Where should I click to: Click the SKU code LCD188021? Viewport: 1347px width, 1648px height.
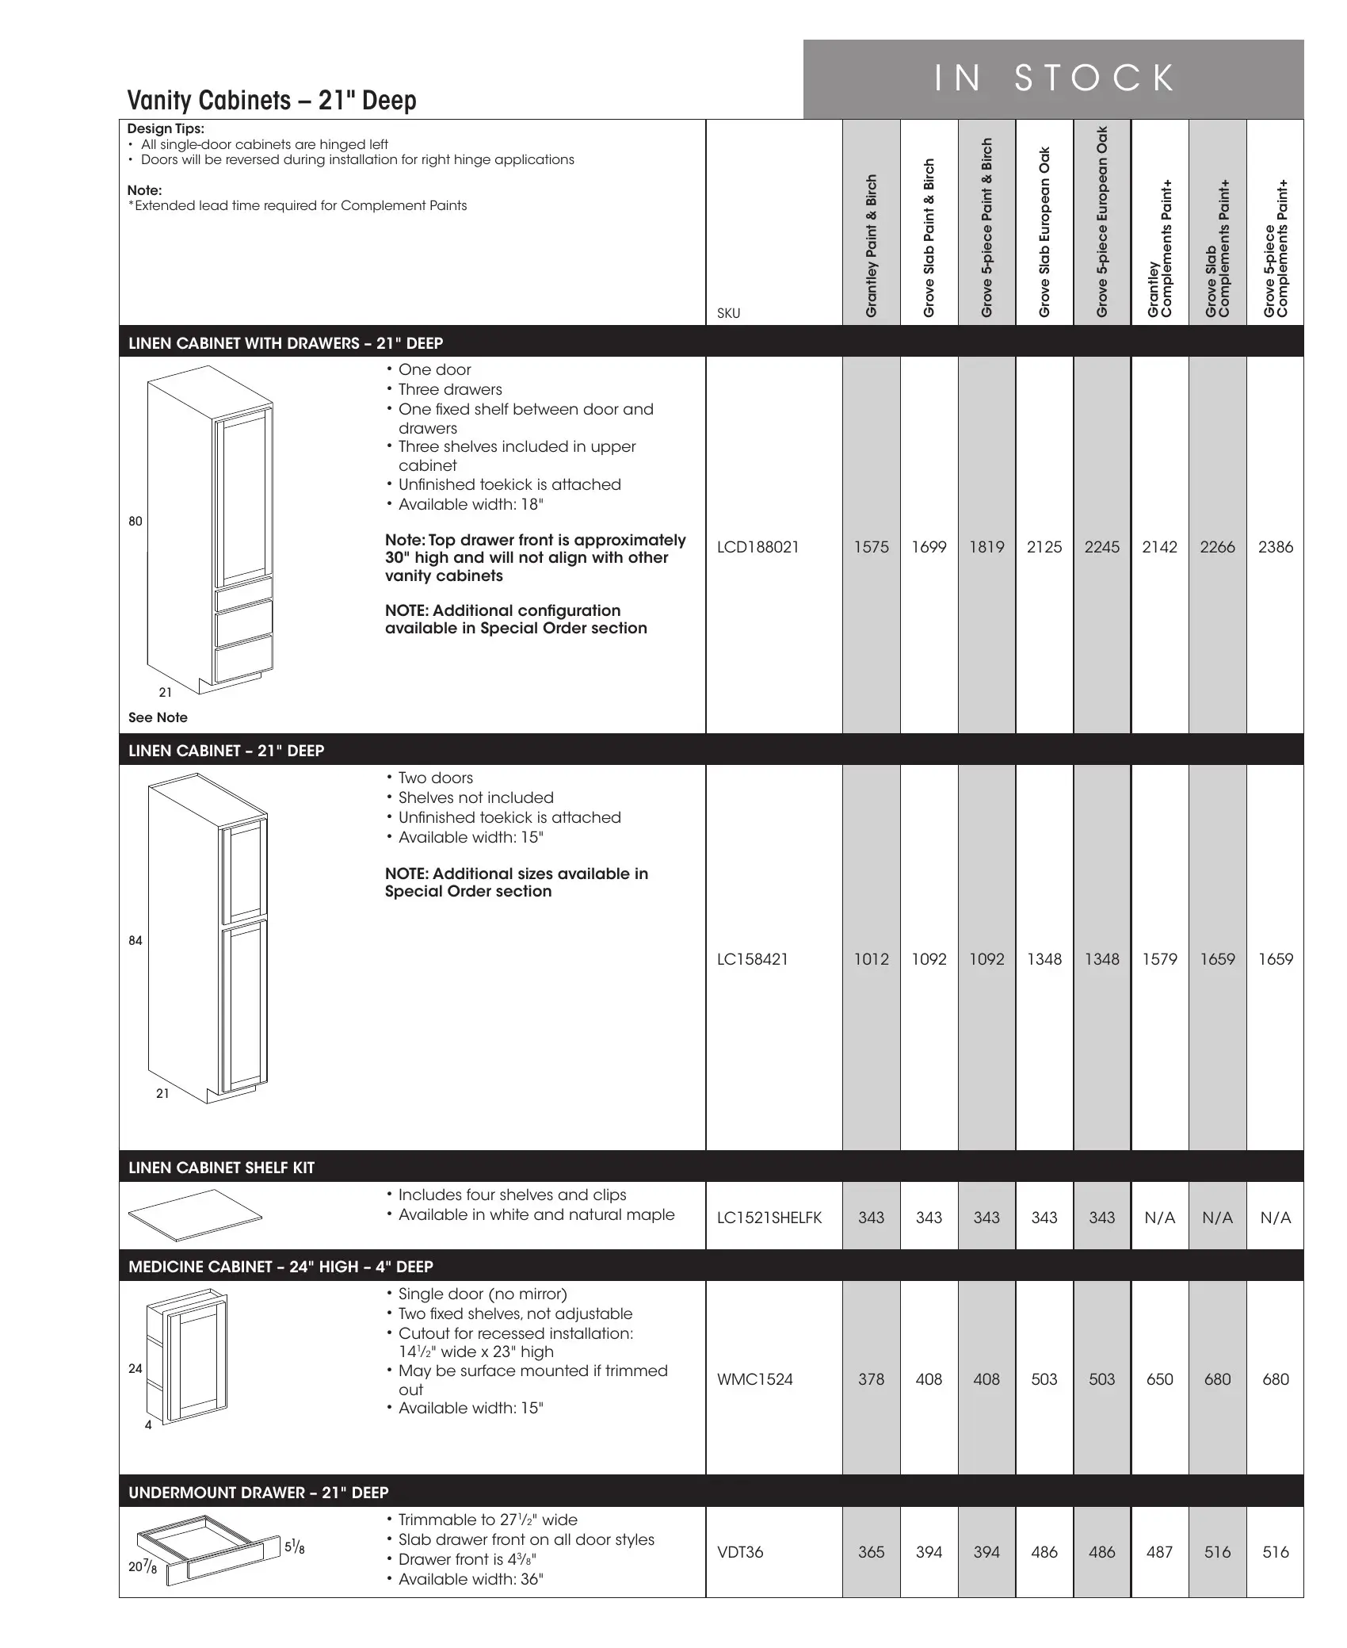pos(757,547)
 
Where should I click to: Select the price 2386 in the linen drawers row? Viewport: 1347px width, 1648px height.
pos(1275,547)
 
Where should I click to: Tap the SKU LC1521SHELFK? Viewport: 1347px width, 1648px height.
pos(769,1218)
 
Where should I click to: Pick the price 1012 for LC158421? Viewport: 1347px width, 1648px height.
pos(871,959)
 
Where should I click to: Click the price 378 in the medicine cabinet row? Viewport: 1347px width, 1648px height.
pos(871,1379)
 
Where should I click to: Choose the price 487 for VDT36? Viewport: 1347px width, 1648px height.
pos(1159,1552)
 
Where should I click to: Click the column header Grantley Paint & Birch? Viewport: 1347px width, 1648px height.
pos(872,246)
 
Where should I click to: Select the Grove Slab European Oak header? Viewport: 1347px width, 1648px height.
pos(1044,232)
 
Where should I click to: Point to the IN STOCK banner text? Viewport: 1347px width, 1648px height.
pos(1054,78)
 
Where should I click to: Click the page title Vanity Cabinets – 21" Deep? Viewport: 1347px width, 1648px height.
pos(272,101)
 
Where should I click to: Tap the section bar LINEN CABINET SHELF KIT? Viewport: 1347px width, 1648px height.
pos(221,1168)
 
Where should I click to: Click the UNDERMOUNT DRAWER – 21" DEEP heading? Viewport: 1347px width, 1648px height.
pos(258,1493)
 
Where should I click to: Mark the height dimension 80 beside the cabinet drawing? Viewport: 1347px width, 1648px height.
pos(135,521)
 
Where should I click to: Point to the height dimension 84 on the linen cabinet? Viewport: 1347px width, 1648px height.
pos(135,940)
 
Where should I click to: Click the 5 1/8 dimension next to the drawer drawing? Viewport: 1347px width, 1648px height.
pos(294,1547)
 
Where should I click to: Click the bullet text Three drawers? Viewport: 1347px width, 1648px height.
pos(450,389)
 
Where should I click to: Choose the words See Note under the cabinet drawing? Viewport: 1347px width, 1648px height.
pos(158,717)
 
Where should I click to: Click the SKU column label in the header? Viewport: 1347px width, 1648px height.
pos(728,313)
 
